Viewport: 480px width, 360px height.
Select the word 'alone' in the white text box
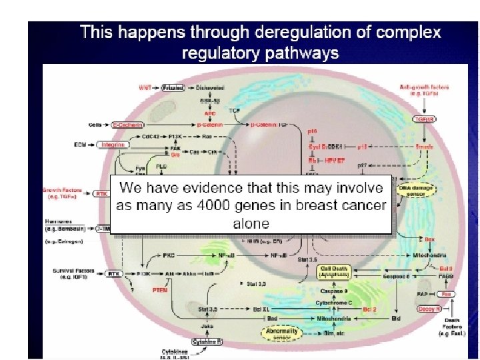251,223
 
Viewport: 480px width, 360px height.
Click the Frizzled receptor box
172,88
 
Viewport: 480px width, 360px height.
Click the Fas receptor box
447,293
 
